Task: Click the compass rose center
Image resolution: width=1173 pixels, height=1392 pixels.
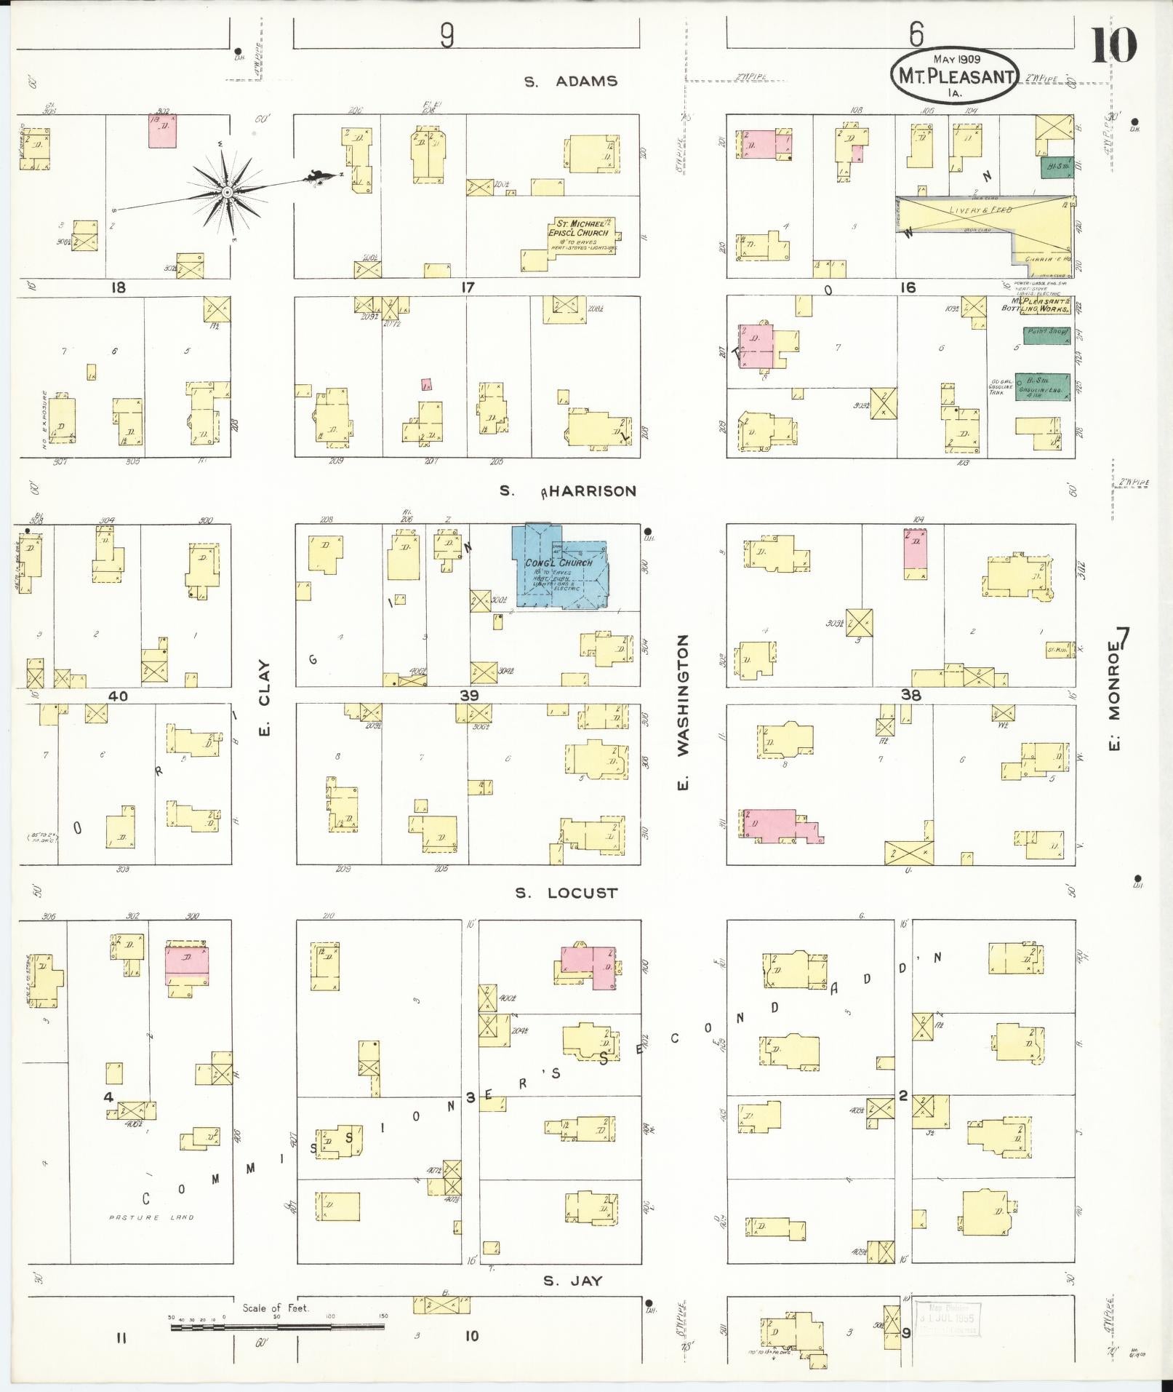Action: [227, 192]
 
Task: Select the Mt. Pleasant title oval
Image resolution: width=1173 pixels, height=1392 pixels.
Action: [954, 74]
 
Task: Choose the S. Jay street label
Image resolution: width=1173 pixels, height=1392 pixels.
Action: [572, 1280]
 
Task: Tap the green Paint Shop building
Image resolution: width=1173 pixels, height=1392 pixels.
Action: [1046, 335]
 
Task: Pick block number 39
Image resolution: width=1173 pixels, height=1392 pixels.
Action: [469, 696]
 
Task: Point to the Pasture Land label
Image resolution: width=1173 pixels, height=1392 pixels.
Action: [151, 1217]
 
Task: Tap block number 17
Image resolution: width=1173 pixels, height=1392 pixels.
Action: [467, 287]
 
